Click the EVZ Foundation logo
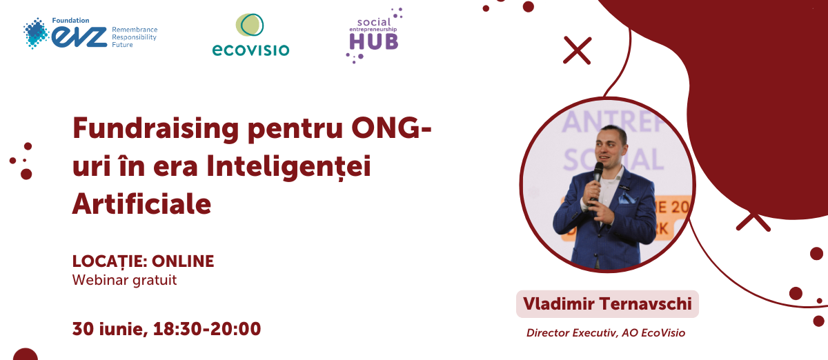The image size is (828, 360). point(90,33)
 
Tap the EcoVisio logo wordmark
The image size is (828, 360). point(250,50)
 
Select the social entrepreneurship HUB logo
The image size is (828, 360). point(374,35)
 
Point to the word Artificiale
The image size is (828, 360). point(141,204)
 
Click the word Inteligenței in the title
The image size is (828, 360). point(288,167)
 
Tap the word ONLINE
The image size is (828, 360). point(183,261)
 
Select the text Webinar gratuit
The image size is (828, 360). point(125,280)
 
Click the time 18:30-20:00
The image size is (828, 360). point(207,328)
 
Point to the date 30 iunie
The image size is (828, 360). point(110,329)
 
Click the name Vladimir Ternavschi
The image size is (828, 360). point(607,304)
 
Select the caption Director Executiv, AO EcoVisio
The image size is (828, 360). point(606,333)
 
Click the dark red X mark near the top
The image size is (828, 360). point(578,50)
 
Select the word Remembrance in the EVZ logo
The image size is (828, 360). point(135,30)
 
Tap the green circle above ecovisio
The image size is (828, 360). point(250,25)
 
